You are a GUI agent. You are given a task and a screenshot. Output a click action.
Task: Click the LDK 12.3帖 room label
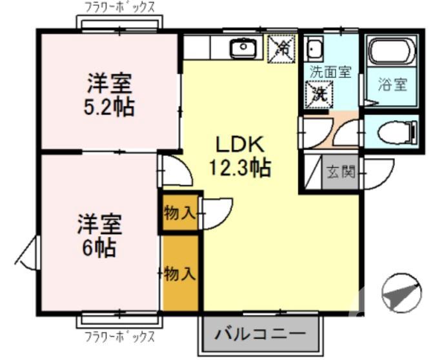pos(239,157)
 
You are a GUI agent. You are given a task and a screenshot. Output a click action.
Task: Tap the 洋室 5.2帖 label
pos(110,95)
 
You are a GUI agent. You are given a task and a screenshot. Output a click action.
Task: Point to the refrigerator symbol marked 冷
pos(281,46)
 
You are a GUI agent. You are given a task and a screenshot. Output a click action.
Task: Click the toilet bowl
pos(394,134)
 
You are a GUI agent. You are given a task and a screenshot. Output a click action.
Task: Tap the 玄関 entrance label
pos(340,172)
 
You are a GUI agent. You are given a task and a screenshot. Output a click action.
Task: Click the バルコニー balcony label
pos(260,334)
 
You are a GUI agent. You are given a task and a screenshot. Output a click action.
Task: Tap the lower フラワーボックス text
pos(120,337)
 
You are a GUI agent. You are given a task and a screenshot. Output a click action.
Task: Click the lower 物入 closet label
pos(179,274)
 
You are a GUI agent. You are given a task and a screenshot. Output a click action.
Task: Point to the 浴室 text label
pos(392,84)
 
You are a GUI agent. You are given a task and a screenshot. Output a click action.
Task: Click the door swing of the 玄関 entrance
pos(378,173)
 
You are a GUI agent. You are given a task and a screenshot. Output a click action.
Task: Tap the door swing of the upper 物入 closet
pos(216,213)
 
